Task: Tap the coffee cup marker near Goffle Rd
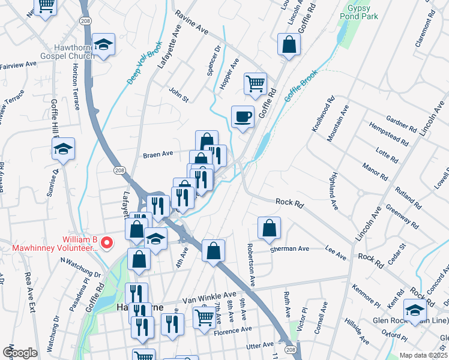(243, 116)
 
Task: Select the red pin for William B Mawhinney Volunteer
(107, 243)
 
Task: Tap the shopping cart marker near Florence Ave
(204, 317)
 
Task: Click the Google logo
(20, 353)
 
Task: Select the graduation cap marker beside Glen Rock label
(414, 310)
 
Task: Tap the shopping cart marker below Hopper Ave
(255, 83)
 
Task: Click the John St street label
(178, 94)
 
